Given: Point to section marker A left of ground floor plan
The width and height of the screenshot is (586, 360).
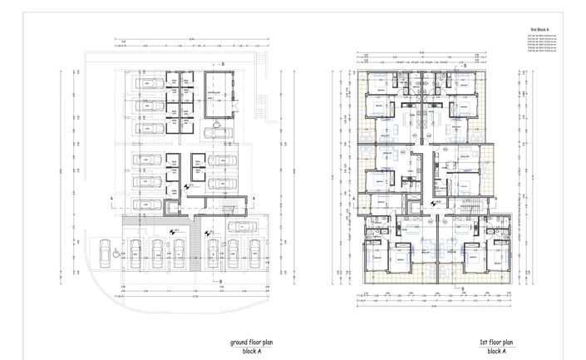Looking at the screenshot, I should click(112, 198).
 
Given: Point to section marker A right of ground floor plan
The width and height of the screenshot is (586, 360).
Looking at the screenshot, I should click(254, 198).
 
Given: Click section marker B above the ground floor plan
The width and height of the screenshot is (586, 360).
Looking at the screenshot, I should click(223, 63).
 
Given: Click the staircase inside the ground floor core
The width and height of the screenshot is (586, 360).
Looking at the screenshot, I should click(225, 205).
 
